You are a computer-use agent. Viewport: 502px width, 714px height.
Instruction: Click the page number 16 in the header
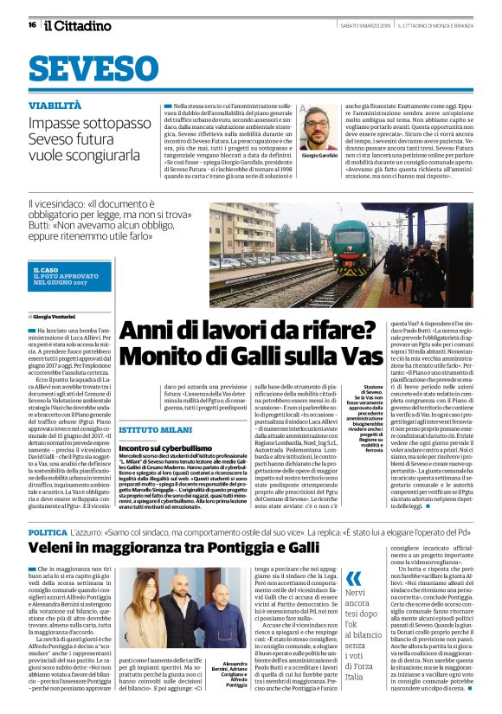[x=31, y=25]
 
